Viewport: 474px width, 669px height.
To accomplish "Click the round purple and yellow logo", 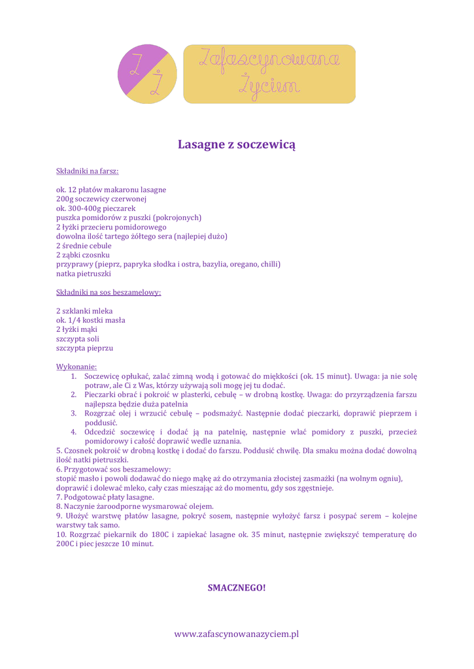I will (147, 74).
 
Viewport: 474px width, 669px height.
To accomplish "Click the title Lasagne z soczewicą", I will (237, 144).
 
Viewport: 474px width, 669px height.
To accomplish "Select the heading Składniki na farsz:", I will (87, 171).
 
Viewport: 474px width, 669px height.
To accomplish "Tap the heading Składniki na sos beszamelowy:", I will (109, 293).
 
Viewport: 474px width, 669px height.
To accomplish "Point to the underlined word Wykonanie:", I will (76, 367).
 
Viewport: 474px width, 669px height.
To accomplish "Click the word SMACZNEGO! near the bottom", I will (237, 588).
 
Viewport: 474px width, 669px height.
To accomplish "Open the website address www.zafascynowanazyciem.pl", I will (237, 634).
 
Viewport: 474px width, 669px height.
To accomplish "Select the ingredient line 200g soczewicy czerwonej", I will (101, 199).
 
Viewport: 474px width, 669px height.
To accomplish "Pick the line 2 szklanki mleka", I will (84, 311).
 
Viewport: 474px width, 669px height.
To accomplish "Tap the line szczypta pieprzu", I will (85, 348).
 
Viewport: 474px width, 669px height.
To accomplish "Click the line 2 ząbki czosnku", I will (83, 255).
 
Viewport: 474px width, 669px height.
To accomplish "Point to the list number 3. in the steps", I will (74, 414).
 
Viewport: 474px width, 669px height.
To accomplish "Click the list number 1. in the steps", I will (74, 376).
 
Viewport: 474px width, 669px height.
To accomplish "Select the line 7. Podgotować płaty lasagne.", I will (105, 497).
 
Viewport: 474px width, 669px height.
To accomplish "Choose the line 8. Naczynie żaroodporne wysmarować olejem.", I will (135, 506).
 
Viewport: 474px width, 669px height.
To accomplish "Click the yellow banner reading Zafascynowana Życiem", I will (269, 74).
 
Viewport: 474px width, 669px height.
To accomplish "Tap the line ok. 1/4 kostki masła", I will (90, 320).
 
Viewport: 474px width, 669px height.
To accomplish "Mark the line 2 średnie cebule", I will (84, 246).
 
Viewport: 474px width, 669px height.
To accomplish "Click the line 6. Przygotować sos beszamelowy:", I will (113, 469).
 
